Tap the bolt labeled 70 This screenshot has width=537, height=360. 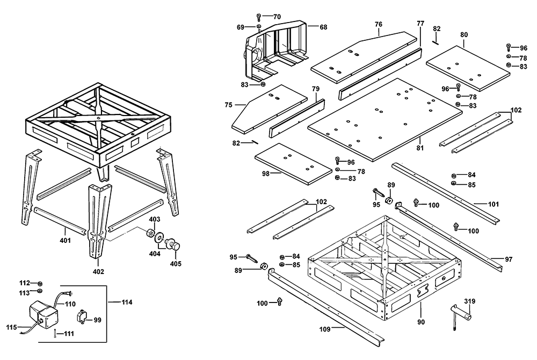[259, 16]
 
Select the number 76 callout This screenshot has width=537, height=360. [379, 24]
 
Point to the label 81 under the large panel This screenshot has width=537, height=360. [420, 148]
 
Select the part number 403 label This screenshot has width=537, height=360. [155, 219]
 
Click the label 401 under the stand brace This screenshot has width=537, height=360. [65, 241]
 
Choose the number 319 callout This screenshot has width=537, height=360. [470, 302]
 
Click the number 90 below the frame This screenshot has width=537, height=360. [421, 322]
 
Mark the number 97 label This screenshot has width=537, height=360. [509, 260]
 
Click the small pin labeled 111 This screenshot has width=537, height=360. [55, 334]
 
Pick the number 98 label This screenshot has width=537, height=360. [265, 174]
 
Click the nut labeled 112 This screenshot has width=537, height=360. [40, 283]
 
